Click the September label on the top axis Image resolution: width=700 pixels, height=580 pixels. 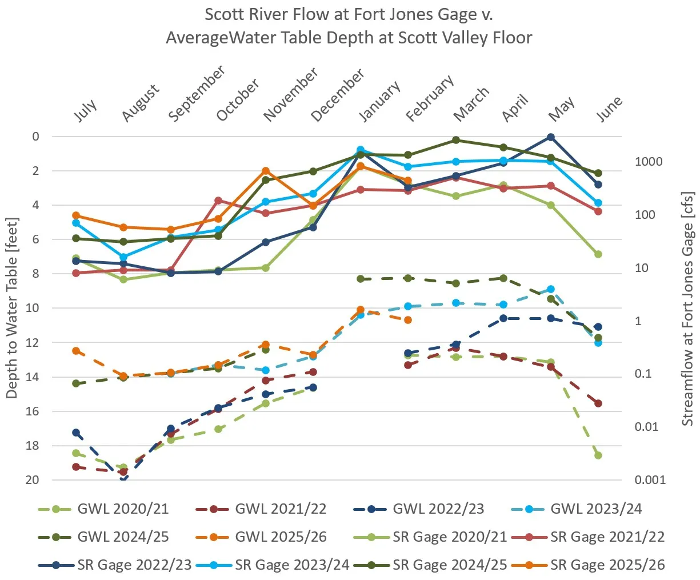197,93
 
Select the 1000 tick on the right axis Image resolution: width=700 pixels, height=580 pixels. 649,162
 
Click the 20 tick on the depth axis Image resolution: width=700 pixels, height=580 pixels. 32,480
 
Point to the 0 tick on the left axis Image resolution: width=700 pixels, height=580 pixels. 36,137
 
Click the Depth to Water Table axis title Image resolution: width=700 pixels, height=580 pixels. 12,308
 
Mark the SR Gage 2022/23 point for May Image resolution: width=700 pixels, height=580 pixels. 551,137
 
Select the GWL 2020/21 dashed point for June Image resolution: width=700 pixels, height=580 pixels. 598,455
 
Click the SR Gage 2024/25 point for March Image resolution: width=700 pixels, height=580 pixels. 456,140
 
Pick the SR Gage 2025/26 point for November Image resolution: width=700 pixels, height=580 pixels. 266,171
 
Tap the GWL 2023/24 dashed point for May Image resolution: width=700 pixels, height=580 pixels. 551,289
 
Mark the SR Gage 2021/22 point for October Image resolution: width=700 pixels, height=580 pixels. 218,201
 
